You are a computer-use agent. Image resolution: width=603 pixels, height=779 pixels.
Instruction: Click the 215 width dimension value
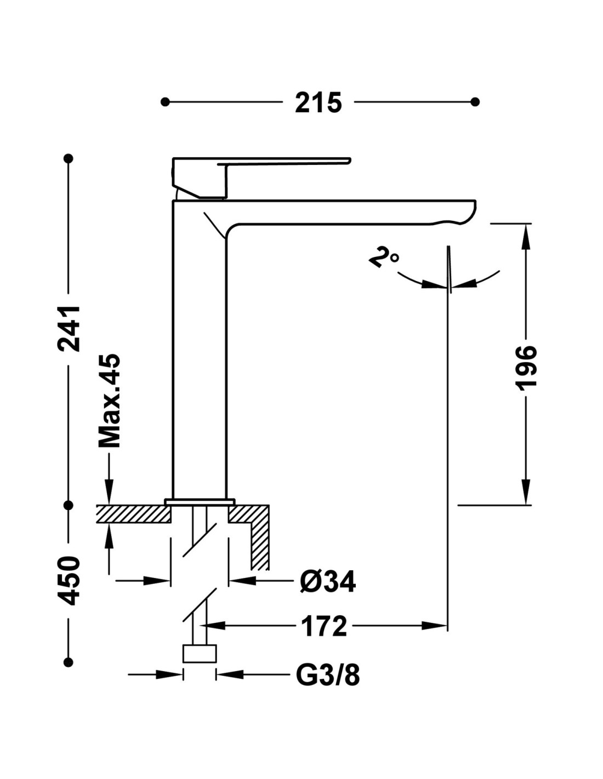(x=318, y=102)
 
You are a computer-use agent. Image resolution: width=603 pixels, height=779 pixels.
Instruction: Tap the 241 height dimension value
(x=70, y=329)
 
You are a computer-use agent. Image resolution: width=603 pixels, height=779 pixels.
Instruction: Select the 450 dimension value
(x=70, y=581)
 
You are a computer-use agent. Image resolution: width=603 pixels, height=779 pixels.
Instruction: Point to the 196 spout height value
(x=526, y=368)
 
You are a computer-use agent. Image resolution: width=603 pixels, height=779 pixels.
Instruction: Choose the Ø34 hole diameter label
(x=328, y=581)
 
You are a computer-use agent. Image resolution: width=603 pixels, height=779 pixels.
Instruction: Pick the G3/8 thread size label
(x=328, y=675)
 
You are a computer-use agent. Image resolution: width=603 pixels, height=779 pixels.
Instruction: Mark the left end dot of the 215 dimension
(x=165, y=102)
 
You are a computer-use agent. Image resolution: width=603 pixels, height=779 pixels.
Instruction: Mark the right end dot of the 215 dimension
(x=475, y=102)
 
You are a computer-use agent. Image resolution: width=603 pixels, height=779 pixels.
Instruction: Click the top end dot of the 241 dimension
(x=69, y=158)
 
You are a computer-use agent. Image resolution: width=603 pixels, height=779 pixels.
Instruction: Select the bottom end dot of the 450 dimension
(x=69, y=662)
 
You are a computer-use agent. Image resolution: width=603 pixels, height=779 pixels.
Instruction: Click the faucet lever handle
(x=285, y=162)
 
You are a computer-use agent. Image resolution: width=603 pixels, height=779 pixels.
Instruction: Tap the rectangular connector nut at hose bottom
(x=199, y=654)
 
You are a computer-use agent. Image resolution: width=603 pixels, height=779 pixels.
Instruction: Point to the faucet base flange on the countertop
(x=200, y=501)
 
